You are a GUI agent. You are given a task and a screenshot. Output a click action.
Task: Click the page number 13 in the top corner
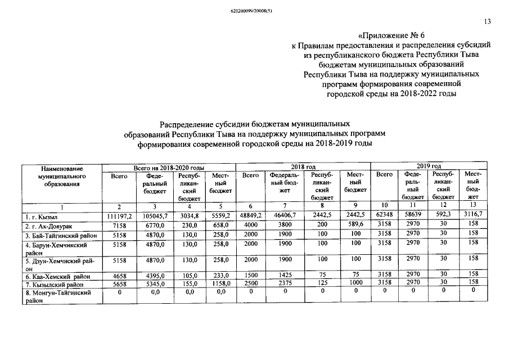click(487, 22)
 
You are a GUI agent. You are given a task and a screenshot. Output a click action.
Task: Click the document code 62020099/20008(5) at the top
click(254, 10)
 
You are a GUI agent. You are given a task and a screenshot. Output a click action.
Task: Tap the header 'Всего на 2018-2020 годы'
click(168, 168)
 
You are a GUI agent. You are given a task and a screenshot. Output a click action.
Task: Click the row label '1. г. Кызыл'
click(41, 216)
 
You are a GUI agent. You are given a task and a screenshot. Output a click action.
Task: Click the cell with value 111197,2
click(119, 216)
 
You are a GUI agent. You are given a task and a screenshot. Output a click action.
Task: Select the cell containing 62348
click(385, 216)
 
